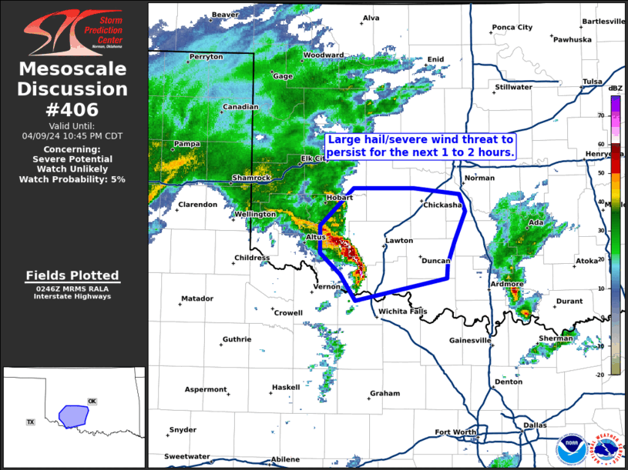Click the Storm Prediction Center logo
coord(72,32)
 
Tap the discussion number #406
coord(72,110)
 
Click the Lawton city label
coord(399,241)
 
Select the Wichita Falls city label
coord(402,311)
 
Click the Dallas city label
coord(534,425)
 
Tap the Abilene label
coord(285,459)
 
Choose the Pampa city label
coord(187,144)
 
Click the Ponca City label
coord(512,28)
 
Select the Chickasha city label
coord(442,205)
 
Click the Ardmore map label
coord(507,284)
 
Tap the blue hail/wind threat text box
coord(420,146)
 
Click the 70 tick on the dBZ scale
coord(614,115)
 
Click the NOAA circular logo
coord(570,448)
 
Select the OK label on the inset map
coord(92,401)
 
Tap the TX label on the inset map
coord(31,422)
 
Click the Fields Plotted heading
coord(72,275)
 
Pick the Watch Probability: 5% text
coord(72,179)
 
